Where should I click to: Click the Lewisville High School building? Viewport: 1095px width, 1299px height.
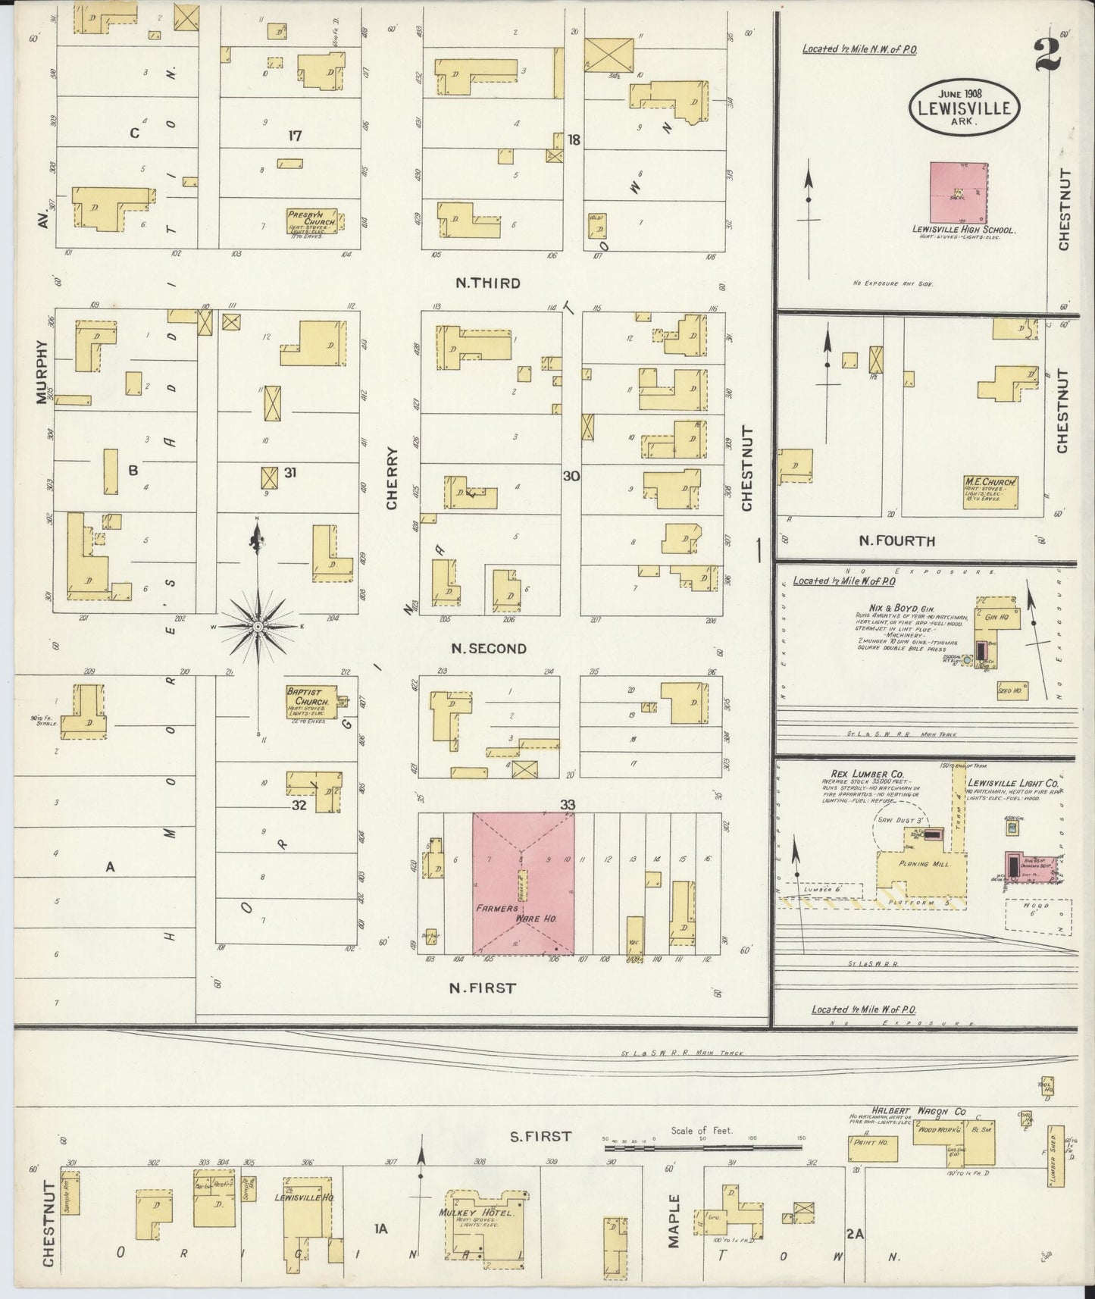click(960, 193)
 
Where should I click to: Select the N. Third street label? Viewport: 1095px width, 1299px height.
click(487, 283)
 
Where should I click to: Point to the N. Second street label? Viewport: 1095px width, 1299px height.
click(488, 649)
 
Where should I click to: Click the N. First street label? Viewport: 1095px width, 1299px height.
click(482, 988)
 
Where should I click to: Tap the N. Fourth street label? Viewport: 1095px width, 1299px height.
click(896, 541)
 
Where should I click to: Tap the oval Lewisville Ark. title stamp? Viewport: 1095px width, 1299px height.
click(963, 106)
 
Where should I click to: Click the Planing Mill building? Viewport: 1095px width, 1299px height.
click(921, 869)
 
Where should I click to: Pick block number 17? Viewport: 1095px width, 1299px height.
click(295, 136)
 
